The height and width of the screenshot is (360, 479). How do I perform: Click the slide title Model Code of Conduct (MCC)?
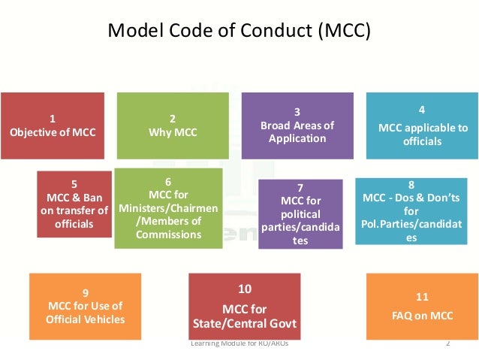click(239, 32)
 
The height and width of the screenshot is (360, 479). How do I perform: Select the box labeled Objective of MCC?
click(52, 126)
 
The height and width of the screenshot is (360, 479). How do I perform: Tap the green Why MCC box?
click(173, 126)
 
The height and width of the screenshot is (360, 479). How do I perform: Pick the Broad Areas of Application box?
click(297, 126)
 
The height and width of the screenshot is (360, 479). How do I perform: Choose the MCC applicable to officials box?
click(422, 126)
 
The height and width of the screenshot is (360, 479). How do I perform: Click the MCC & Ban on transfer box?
click(73, 204)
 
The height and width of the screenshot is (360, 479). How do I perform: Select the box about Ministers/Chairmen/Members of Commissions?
click(168, 208)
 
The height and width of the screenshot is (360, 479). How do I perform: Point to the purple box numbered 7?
click(300, 214)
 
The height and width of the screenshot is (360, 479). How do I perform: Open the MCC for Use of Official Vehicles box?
click(84, 306)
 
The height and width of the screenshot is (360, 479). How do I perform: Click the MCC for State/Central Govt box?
click(244, 307)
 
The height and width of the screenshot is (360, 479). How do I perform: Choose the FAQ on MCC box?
click(422, 306)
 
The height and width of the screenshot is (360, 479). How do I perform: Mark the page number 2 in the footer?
click(447, 344)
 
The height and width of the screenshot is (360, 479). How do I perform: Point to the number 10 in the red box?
click(244, 289)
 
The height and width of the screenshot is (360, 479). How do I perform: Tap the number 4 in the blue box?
click(422, 110)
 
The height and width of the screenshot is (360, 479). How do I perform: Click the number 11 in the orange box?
click(422, 296)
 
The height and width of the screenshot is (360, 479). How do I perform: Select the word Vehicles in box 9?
click(105, 319)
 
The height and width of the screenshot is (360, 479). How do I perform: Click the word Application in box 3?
click(297, 138)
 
